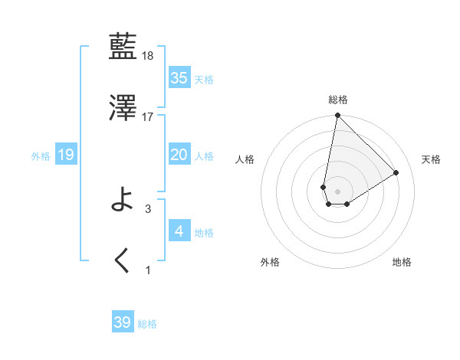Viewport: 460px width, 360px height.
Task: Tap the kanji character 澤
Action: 123,108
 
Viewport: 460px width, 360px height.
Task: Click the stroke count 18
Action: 149,57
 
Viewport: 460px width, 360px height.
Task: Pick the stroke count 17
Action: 148,117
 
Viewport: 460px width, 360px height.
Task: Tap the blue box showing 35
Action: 179,78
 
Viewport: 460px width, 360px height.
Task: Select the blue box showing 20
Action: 179,155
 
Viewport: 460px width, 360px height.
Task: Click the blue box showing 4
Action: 179,231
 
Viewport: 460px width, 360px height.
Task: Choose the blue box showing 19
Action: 65,155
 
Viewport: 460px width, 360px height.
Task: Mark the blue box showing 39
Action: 123,322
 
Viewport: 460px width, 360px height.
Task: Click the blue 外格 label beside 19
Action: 41,156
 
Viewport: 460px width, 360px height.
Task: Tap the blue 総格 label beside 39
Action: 147,324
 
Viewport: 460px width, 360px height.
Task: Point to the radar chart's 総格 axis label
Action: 337,100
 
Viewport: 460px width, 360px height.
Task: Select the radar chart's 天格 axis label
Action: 431,159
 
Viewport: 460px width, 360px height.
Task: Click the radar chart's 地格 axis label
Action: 402,262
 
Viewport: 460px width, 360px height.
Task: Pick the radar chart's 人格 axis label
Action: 245,159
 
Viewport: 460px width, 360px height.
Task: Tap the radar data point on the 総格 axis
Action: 337,116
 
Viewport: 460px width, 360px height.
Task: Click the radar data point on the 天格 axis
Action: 396,172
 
